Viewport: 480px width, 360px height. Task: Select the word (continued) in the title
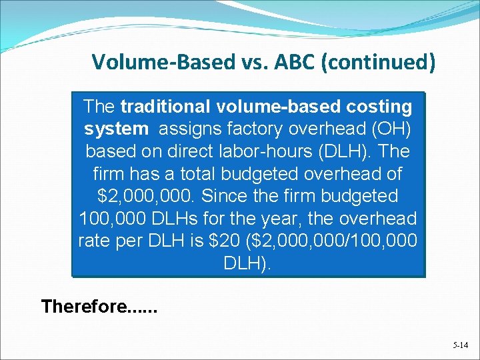click(383, 62)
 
